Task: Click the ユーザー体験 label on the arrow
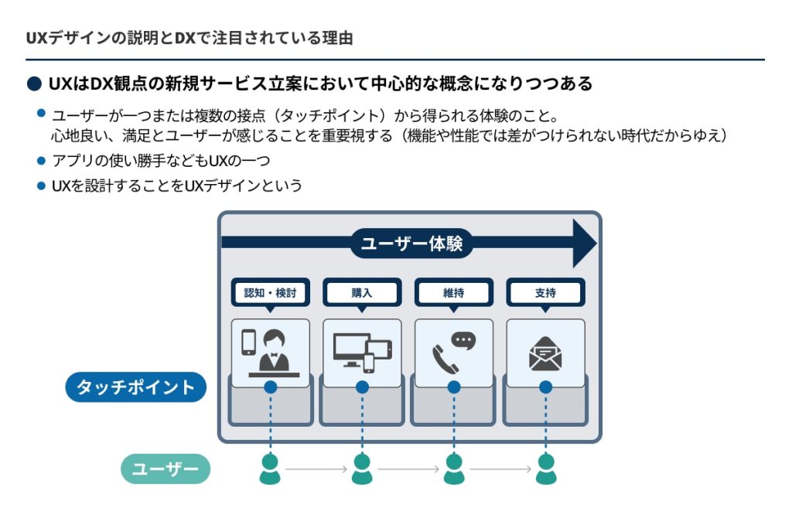411,243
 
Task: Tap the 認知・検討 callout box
270,293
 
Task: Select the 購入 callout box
362,293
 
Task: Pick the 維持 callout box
454,293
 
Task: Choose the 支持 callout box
545,293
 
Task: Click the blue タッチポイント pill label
136,387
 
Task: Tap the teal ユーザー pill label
166,468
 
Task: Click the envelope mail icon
545,354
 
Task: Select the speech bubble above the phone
463,340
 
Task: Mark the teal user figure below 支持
546,469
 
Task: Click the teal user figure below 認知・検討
270,469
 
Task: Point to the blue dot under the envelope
546,386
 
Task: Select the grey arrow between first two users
316,469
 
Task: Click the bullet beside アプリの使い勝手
42,161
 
